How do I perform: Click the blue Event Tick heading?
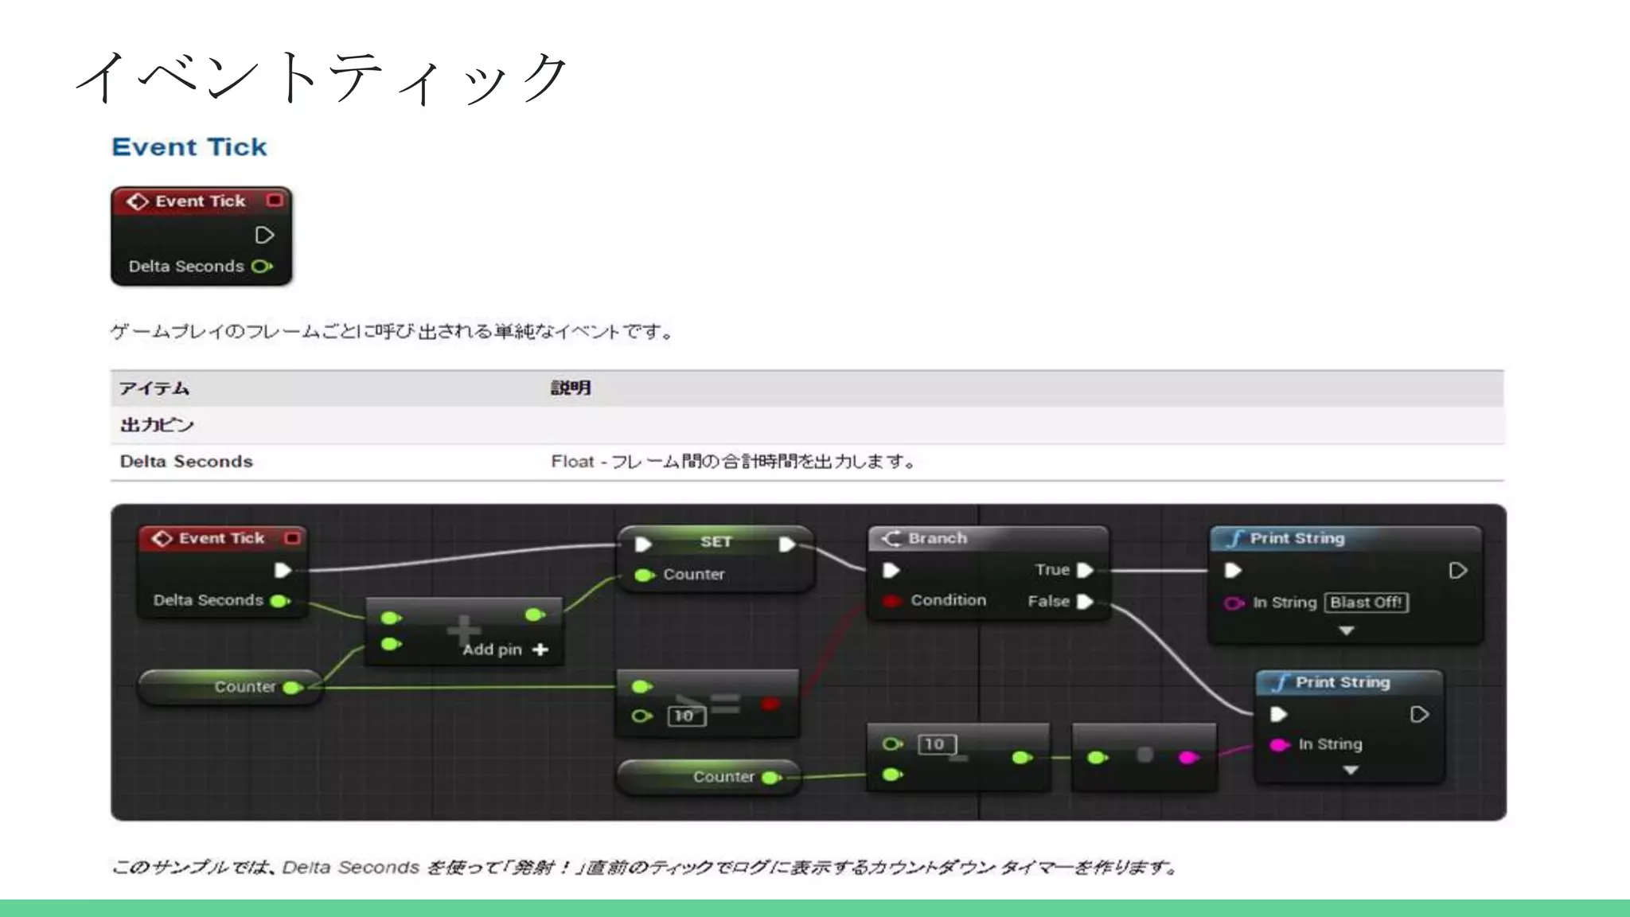pos(189,147)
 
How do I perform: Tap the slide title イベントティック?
pos(322,77)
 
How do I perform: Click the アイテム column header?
pos(154,388)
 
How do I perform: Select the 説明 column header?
pos(571,388)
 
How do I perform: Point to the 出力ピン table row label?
pos(157,425)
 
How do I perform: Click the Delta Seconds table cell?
pos(186,462)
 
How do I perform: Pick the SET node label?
pos(716,542)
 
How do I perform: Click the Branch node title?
pos(938,539)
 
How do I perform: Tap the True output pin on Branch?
pos(1084,571)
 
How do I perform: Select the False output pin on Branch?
pos(1084,602)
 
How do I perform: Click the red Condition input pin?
pos(891,601)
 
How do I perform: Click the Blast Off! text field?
pos(1366,603)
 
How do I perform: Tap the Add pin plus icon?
pos(540,650)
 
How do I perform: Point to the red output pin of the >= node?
pos(770,704)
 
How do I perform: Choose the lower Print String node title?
pos(1343,683)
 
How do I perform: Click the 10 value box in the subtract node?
pos(935,744)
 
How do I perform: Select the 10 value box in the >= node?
pos(684,716)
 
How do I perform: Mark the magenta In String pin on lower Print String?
pos(1278,745)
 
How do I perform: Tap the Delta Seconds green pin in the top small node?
pos(262,267)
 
